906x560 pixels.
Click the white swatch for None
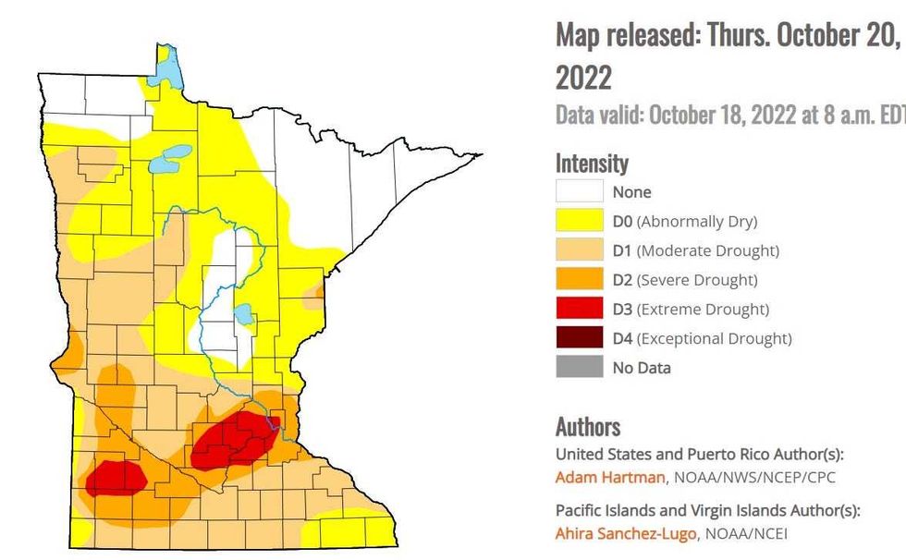click(579, 191)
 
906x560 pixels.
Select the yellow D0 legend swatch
click(579, 221)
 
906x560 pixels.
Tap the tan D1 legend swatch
click(579, 250)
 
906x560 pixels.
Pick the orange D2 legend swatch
click(579, 279)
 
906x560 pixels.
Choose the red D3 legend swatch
click(579, 309)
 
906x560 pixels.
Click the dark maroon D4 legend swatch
click(579, 338)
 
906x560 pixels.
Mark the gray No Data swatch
click(579, 367)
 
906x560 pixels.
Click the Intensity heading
click(592, 164)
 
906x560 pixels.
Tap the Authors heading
click(588, 426)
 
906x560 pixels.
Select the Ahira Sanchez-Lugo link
click(625, 533)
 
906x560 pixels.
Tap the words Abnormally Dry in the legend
click(696, 221)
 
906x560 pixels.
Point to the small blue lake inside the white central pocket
click(243, 314)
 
